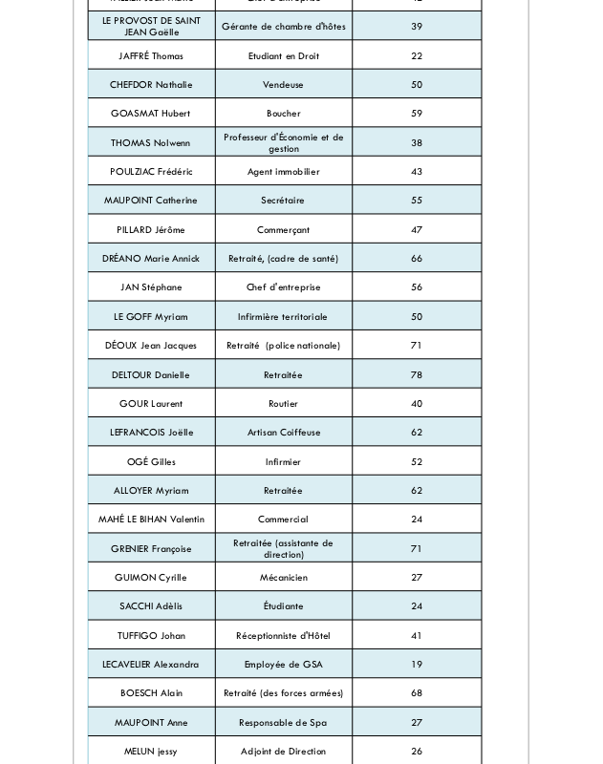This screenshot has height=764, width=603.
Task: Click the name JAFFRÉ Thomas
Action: coord(151,56)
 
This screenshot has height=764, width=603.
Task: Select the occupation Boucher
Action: coord(283,114)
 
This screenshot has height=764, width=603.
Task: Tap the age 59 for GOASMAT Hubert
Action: coord(417,114)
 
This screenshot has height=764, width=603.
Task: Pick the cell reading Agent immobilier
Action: coord(283,172)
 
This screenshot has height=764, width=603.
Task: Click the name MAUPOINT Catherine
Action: coord(151,201)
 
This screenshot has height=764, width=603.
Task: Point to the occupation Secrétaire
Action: coord(283,201)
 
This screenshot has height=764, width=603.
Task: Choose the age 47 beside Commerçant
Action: coord(417,230)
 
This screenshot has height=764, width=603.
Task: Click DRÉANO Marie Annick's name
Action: coord(151,259)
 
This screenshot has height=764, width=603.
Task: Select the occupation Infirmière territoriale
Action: coord(283,317)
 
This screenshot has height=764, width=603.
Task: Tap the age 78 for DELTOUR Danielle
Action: coord(417,375)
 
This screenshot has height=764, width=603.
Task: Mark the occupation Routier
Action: coord(283,404)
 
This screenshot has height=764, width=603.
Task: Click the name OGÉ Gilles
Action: coord(151,462)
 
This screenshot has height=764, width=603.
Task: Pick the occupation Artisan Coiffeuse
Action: coord(283,433)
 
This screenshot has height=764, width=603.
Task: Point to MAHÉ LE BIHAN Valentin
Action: coord(151,520)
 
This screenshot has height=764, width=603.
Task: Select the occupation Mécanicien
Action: coord(283,578)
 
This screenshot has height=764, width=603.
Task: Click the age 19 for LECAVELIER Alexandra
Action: coord(417,665)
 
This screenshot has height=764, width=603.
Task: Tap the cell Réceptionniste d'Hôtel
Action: coord(283,636)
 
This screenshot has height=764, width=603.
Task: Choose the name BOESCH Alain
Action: coord(151,693)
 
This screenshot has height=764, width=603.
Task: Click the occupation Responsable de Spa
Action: coord(283,723)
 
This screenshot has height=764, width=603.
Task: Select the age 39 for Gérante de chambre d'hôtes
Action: coord(417,27)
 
